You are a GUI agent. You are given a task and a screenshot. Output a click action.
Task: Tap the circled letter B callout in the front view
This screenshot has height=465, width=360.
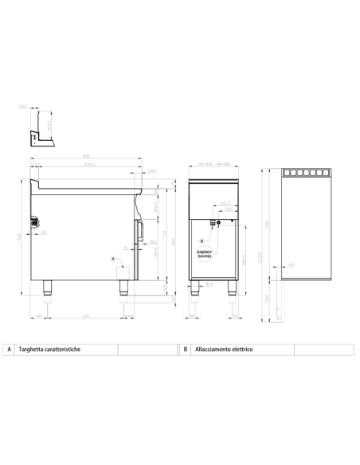point(202,240)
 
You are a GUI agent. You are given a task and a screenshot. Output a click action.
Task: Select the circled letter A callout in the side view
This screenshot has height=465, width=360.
point(113,259)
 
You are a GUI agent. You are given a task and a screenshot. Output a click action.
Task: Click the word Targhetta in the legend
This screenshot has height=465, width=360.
point(33,350)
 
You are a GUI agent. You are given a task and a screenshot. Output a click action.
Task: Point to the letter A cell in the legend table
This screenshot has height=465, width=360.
point(9,350)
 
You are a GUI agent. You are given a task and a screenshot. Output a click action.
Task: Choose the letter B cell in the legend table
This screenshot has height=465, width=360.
point(185,350)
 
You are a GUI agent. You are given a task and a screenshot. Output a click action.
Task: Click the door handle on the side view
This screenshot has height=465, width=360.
point(140,230)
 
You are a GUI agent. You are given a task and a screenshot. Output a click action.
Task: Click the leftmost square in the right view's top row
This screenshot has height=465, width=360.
point(288,173)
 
